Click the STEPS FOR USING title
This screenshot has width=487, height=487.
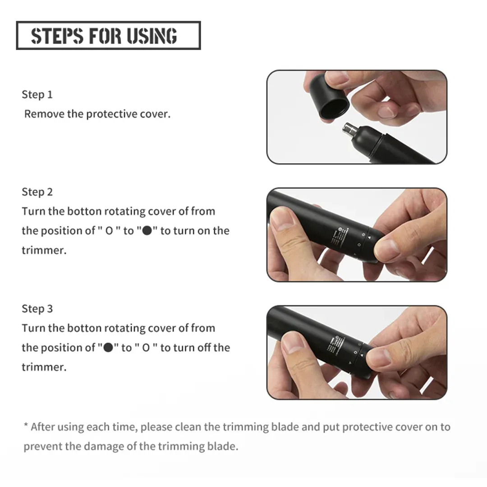(x=104, y=36)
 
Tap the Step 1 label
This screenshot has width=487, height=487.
(x=37, y=94)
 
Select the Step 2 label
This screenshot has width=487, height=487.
(x=37, y=192)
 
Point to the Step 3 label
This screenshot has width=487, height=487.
(x=37, y=309)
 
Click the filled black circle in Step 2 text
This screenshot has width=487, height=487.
(x=147, y=231)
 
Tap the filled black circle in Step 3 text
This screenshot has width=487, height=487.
(x=108, y=348)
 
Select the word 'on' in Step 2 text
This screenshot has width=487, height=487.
(x=204, y=231)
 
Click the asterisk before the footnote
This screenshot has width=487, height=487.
(x=26, y=425)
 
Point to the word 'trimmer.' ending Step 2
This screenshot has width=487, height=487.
(x=44, y=250)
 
